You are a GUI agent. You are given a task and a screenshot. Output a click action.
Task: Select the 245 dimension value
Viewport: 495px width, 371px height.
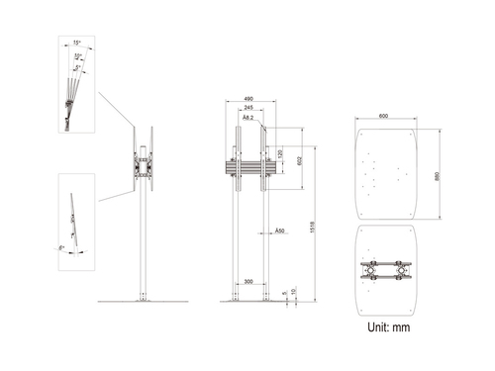(x=247, y=109)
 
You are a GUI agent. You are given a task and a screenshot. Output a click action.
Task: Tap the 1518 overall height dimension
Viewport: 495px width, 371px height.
(x=313, y=226)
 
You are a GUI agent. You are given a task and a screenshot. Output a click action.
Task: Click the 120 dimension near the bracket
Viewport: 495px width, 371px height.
(x=279, y=156)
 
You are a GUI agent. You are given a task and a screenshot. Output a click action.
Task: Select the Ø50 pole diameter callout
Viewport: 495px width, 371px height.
(x=280, y=231)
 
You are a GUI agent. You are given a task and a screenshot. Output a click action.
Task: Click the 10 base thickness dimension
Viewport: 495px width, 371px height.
(x=295, y=293)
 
